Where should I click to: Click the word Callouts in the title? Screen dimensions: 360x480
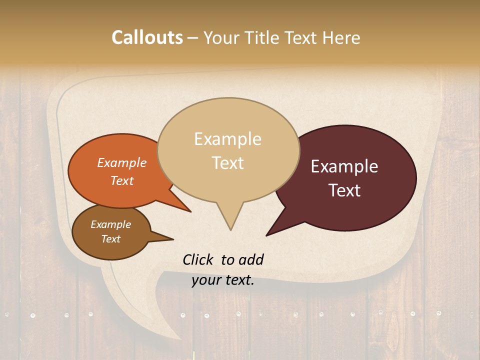[147, 37]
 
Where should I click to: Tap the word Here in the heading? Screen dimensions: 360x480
[341, 37]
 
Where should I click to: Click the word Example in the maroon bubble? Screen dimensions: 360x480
[344, 166]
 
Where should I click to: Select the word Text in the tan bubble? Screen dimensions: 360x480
[228, 163]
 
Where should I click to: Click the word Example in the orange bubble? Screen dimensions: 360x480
[121, 162]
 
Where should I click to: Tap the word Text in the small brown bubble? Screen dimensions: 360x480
[110, 239]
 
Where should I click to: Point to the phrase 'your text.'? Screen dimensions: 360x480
[223, 280]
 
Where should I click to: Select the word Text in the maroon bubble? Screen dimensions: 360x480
[345, 190]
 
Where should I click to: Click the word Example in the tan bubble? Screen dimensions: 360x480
[228, 139]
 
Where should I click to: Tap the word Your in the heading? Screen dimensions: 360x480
[220, 37]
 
